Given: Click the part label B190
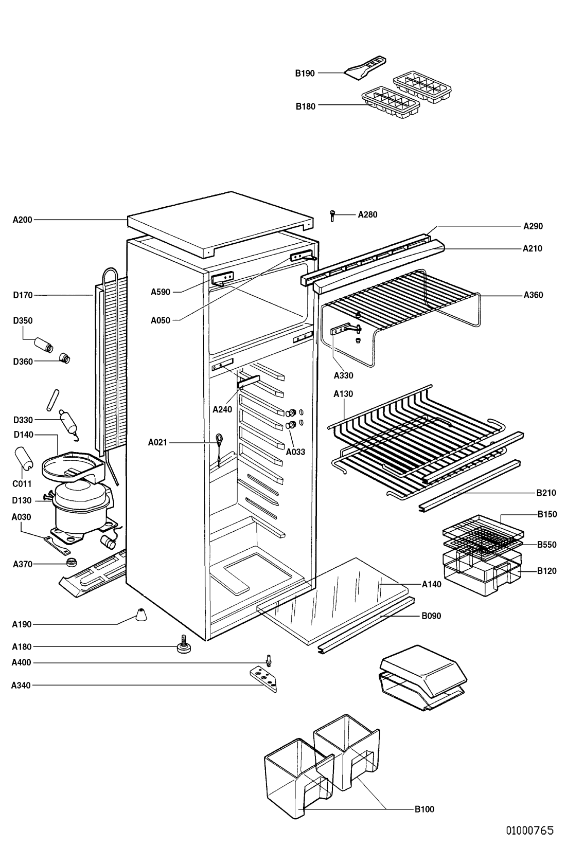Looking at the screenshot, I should [x=305, y=74].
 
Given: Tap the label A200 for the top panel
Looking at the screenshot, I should [x=22, y=220].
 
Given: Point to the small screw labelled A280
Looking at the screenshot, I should [x=333, y=215].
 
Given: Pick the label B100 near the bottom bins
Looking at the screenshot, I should [x=424, y=809].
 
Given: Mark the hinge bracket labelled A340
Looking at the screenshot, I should [x=263, y=679].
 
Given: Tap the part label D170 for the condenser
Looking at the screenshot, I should [x=23, y=295].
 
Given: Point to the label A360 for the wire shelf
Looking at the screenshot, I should [x=534, y=295].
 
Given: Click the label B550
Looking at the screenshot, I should [x=547, y=545].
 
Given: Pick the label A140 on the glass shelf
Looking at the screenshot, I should [x=432, y=584].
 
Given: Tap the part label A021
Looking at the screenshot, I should [x=157, y=442].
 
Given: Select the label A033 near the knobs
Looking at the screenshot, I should [x=296, y=452].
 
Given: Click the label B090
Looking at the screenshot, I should [x=431, y=616].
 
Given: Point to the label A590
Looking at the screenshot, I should [x=160, y=292].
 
